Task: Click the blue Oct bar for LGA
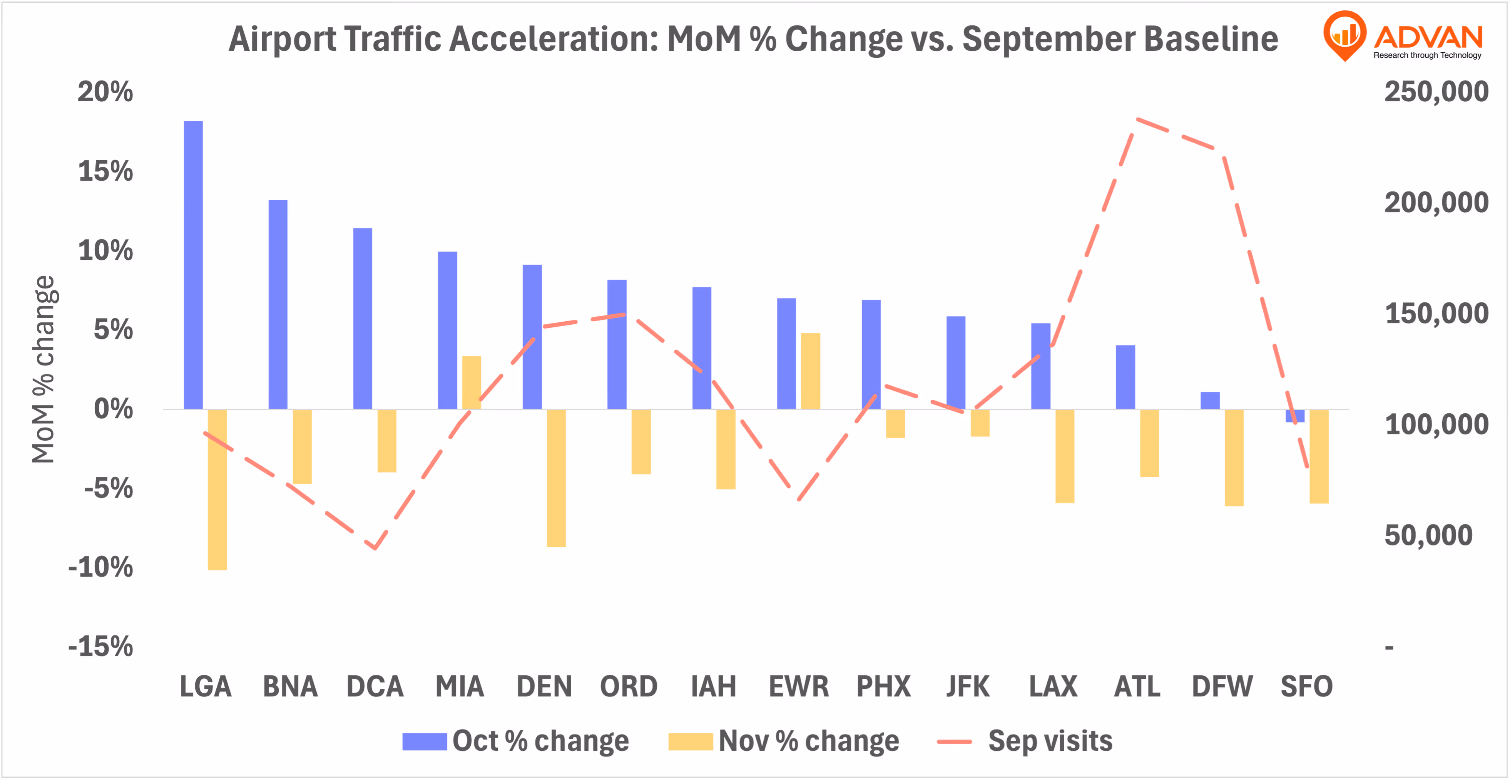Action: point(194,264)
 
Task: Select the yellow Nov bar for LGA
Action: point(217,489)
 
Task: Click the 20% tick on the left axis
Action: point(105,92)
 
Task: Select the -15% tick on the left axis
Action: point(101,646)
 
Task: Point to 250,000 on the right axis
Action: point(1436,92)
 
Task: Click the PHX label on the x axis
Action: point(883,686)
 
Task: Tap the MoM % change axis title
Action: point(43,369)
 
